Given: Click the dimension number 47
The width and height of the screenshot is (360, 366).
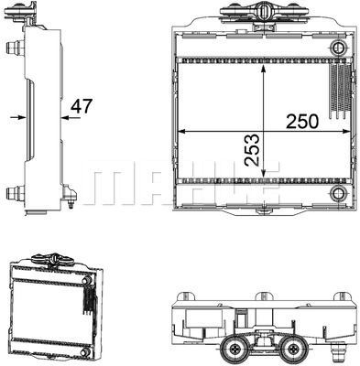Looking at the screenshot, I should pyautogui.click(x=82, y=107).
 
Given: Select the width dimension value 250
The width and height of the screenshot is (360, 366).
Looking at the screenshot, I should pyautogui.click(x=302, y=120).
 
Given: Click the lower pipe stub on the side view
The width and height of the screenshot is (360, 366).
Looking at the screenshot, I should pyautogui.click(x=12, y=193).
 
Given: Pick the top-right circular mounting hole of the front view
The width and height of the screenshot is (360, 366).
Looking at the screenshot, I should pyautogui.click(x=338, y=48).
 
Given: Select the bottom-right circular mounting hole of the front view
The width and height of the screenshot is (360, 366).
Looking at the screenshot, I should pyautogui.click(x=339, y=193).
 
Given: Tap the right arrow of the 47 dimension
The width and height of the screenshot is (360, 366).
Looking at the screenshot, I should pyautogui.click(x=65, y=117).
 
